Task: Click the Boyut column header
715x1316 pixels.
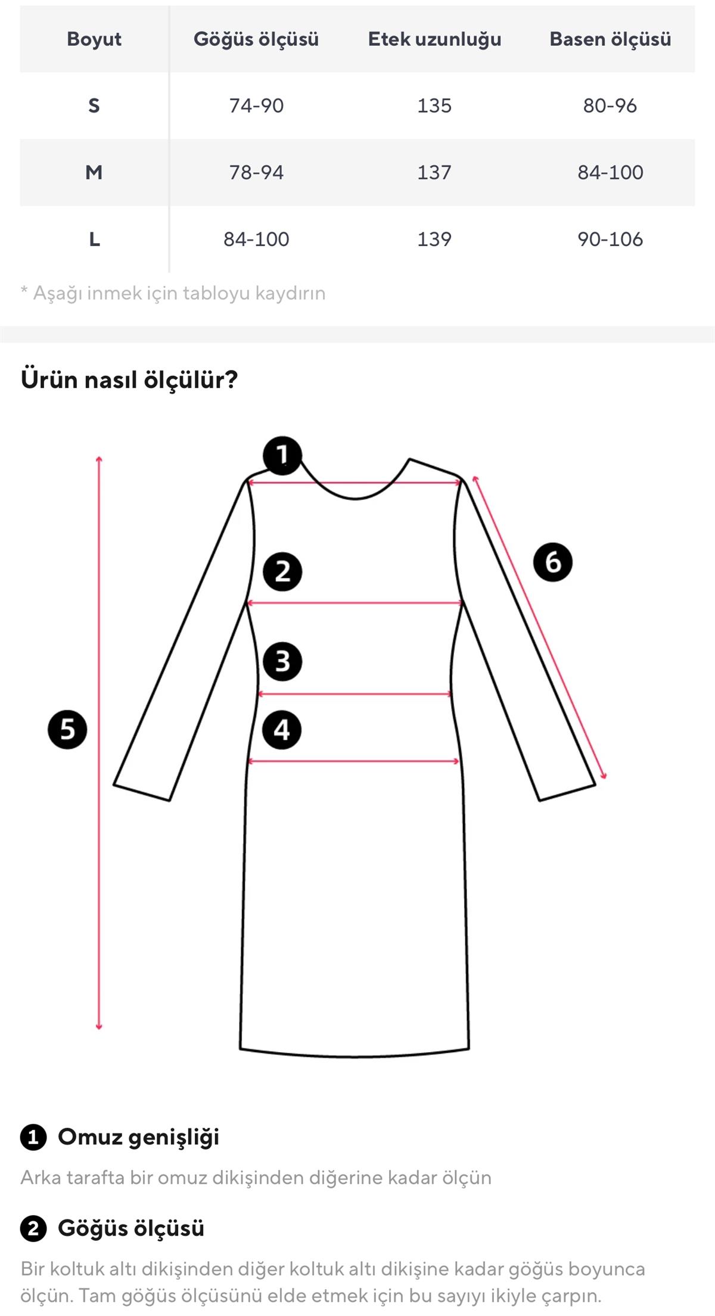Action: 94,39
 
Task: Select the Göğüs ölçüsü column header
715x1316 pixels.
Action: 256,39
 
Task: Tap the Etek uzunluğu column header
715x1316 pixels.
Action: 434,39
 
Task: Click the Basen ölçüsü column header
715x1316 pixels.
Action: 610,39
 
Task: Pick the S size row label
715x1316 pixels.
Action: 94,105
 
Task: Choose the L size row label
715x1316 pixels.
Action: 94,239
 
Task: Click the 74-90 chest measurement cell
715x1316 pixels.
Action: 256,105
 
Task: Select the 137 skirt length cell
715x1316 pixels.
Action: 434,172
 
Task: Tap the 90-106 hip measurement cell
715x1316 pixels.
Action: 610,239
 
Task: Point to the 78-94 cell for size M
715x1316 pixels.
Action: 256,172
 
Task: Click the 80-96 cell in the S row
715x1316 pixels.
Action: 610,105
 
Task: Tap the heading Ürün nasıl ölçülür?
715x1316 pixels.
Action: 129,379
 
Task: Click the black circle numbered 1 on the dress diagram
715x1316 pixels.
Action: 282,456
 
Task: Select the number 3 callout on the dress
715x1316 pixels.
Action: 282,661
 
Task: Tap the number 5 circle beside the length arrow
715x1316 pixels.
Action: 67,729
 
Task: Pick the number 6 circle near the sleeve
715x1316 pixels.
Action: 553,562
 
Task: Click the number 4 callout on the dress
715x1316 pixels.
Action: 282,730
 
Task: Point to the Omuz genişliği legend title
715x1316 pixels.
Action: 138,1137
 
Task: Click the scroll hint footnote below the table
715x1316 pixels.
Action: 173,293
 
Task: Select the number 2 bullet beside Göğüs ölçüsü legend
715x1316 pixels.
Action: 33,1228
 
